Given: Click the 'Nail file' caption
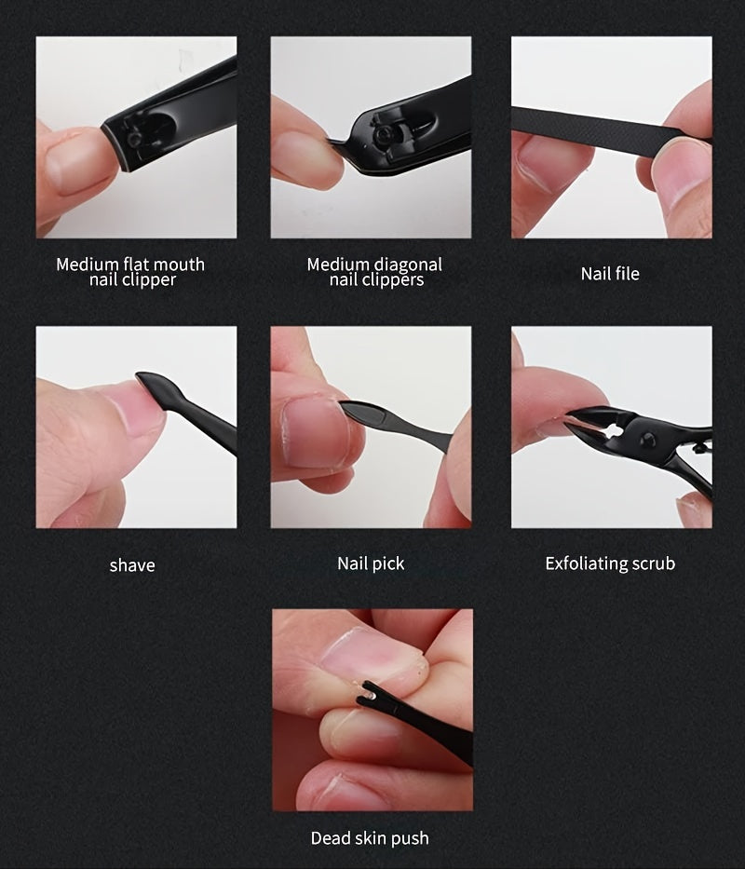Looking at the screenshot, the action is tap(610, 273).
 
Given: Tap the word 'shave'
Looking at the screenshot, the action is tap(132, 565).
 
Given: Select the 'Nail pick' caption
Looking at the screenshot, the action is tap(371, 563).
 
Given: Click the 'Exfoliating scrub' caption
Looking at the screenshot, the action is tap(610, 563).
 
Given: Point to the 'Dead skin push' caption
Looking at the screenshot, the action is tap(370, 838).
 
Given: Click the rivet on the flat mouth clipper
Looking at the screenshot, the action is tap(134, 139).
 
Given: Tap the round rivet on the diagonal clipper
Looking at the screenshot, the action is tap(384, 137).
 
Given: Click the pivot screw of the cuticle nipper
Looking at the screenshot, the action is tap(647, 441).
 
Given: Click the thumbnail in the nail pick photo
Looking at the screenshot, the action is tap(313, 432).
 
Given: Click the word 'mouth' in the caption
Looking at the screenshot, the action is tap(181, 265).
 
